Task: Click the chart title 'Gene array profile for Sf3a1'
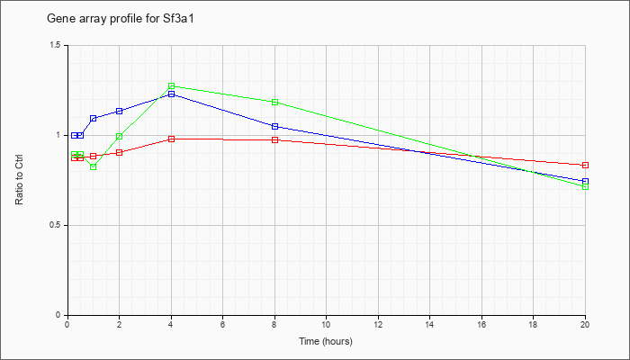[x=121, y=19]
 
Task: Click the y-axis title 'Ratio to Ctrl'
[x=19, y=179]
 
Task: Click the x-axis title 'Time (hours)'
[x=326, y=341]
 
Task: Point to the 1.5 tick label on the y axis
[x=56, y=45]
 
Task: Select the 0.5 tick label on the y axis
[x=56, y=225]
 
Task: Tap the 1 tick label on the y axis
[x=58, y=135]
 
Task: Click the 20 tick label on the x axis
[x=585, y=324]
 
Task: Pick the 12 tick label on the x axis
[x=378, y=324]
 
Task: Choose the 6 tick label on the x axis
[x=222, y=324]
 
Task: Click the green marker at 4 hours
[x=172, y=86]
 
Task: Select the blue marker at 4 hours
[x=172, y=94]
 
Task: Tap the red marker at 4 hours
[x=172, y=139]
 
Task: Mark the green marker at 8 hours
[x=274, y=102]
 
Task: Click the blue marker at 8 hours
[x=274, y=127]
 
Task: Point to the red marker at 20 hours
[x=585, y=165]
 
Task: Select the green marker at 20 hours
[x=585, y=187]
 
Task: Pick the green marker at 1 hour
[x=94, y=166]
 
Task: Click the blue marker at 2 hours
[x=120, y=111]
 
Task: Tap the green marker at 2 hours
[x=120, y=137]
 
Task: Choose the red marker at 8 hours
[x=274, y=139]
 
